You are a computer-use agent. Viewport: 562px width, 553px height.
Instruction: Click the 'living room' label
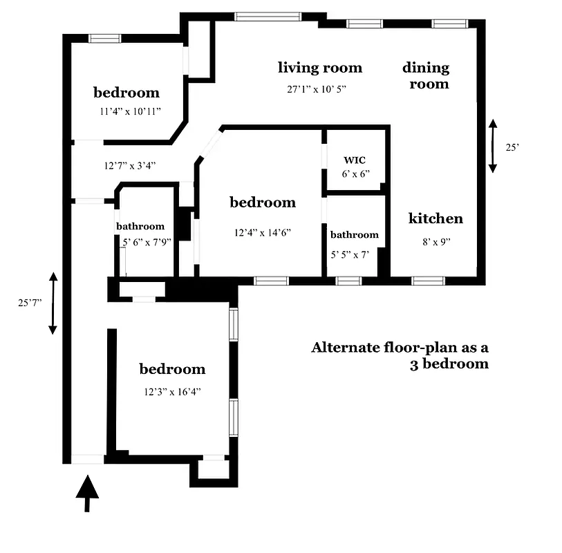320,68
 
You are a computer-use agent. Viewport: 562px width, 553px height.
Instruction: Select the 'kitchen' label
435,218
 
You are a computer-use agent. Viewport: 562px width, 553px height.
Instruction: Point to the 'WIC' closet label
355,160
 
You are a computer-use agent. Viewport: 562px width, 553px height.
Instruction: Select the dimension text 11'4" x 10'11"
130,111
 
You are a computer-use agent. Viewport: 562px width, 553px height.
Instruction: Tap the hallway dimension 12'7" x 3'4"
130,165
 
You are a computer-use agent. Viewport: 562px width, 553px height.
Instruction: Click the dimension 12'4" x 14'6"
262,233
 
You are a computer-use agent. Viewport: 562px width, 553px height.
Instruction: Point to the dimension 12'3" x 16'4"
173,392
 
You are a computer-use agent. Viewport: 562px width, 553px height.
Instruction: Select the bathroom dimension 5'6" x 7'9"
147,243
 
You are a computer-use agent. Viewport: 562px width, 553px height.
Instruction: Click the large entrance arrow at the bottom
87,493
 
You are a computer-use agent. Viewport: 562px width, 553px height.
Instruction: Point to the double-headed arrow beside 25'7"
53,303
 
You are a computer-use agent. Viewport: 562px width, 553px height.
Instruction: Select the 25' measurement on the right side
512,147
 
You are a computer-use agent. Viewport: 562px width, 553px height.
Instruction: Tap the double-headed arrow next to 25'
493,146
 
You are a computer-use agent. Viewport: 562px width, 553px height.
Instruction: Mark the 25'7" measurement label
30,302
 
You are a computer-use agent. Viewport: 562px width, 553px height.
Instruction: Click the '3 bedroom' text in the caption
449,364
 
